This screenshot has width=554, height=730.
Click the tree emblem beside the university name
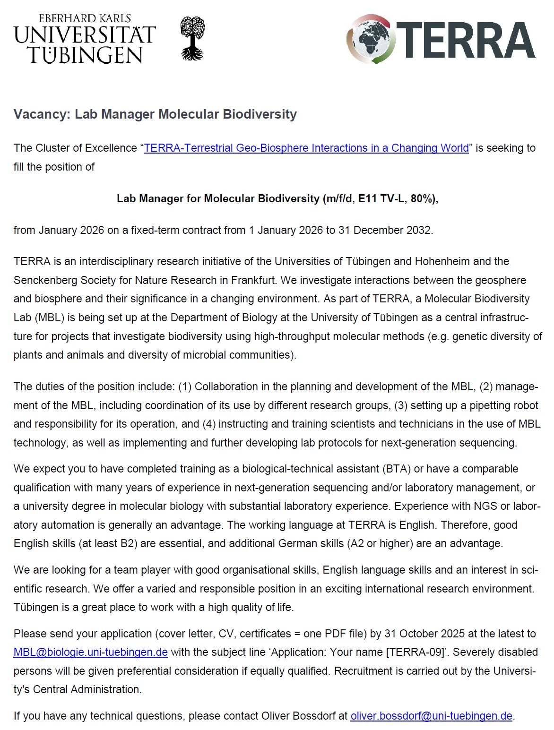tap(193, 39)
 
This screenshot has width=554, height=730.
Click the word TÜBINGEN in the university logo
tap(85, 55)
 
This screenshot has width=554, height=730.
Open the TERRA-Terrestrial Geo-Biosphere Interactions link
tap(306, 148)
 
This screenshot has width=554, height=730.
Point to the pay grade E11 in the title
tap(368, 198)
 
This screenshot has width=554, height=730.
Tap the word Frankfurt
tap(252, 280)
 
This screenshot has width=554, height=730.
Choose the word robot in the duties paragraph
tap(525, 405)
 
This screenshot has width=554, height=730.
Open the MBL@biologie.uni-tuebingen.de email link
tap(91, 652)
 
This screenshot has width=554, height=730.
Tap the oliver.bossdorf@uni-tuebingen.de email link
tap(431, 716)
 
